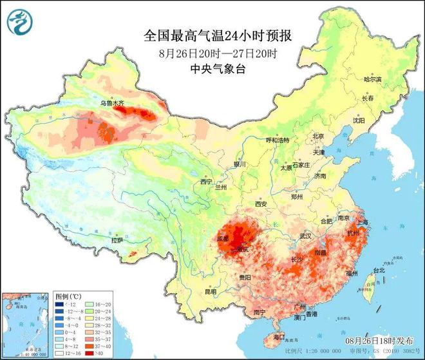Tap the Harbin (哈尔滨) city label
[x=373, y=80]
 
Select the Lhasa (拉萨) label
[x=117, y=240]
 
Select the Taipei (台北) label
[x=379, y=271]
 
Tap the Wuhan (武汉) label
[x=305, y=236]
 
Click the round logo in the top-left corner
[x=19, y=23]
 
